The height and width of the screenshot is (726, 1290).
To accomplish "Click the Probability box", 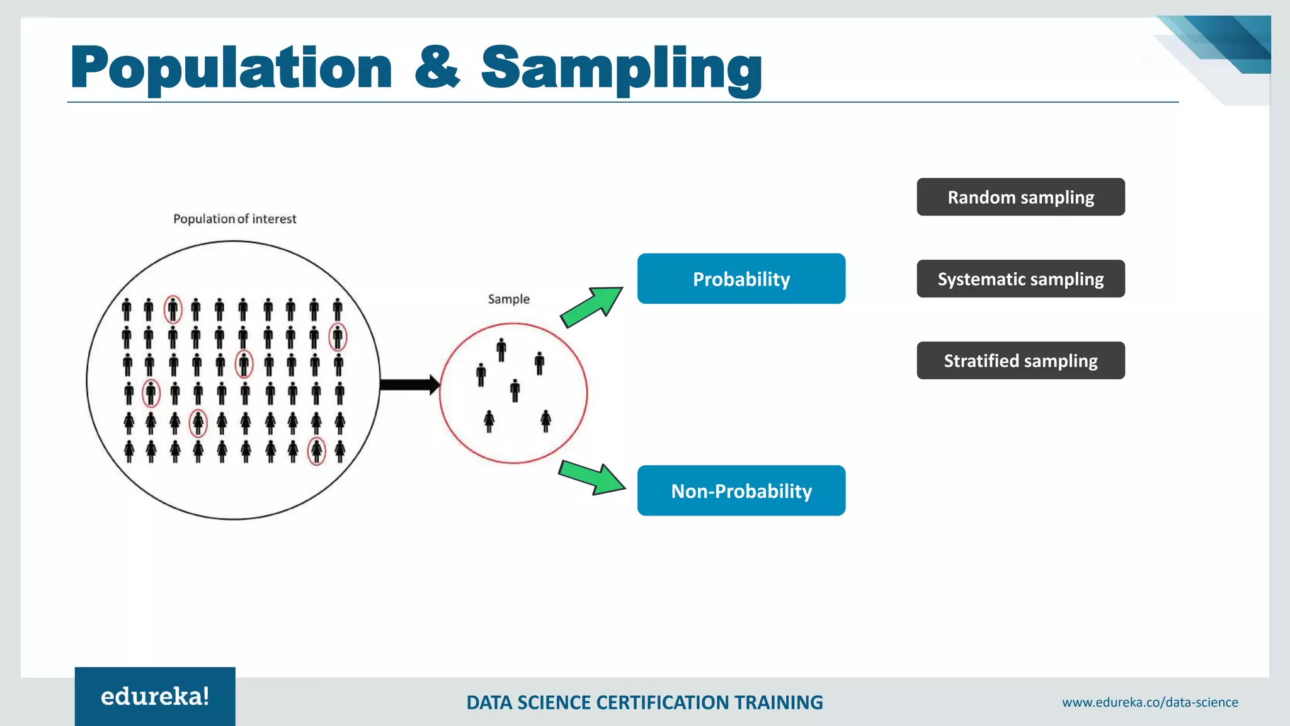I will click(x=741, y=279).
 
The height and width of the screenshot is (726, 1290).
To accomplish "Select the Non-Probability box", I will click(x=741, y=490).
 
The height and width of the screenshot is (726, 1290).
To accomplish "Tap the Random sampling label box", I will click(x=1020, y=197).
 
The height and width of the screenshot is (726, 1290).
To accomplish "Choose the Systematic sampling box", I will click(x=1020, y=279).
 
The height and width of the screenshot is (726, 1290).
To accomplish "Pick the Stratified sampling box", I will click(x=1020, y=360).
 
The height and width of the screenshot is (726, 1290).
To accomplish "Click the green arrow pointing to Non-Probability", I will click(x=592, y=478).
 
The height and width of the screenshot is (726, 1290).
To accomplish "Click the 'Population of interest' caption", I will click(x=234, y=219).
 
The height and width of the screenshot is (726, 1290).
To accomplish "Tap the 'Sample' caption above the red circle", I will click(x=508, y=299).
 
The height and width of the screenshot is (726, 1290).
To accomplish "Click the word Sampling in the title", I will click(x=621, y=68).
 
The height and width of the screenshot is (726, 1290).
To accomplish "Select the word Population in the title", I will click(x=231, y=68).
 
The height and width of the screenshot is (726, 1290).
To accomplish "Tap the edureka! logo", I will click(x=155, y=696).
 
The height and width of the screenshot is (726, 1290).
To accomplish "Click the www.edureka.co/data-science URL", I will click(x=1150, y=702).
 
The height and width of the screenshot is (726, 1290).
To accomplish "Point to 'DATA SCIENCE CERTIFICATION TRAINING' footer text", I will click(x=644, y=702).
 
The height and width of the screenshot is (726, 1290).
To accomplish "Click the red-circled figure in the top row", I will click(x=173, y=309).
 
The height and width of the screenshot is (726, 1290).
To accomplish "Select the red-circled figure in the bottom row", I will click(x=316, y=451).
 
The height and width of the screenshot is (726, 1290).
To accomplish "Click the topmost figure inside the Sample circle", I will click(x=501, y=350).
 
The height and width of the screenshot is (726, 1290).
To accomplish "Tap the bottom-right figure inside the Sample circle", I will click(x=545, y=420).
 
